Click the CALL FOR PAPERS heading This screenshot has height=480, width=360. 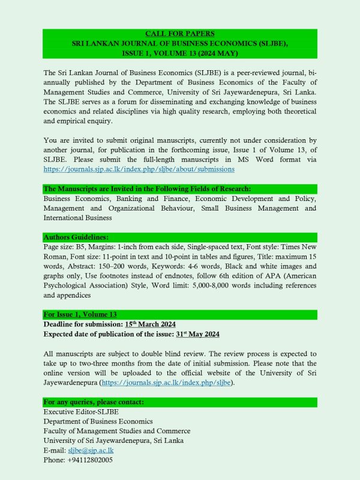coord(180,33)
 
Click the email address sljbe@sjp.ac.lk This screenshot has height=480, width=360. coord(91,449)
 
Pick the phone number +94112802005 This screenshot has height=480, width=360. coord(78,460)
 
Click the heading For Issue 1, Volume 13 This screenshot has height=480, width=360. coord(80,314)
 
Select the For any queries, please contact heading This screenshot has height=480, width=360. coord(94,401)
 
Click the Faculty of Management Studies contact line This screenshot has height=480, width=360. coord(117,430)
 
